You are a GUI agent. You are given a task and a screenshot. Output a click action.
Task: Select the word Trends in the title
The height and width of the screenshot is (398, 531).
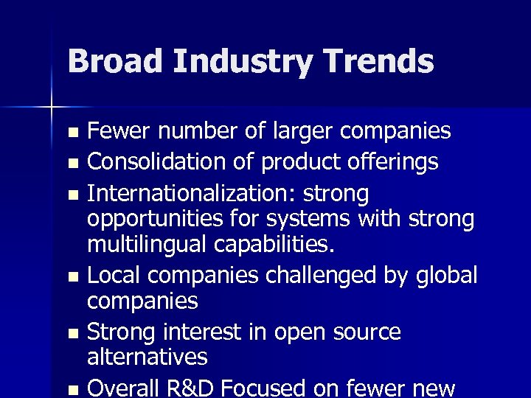click(378, 61)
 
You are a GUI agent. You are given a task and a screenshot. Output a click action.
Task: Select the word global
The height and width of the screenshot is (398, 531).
click(446, 275)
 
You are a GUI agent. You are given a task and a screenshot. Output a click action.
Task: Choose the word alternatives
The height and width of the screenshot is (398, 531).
click(147, 357)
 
